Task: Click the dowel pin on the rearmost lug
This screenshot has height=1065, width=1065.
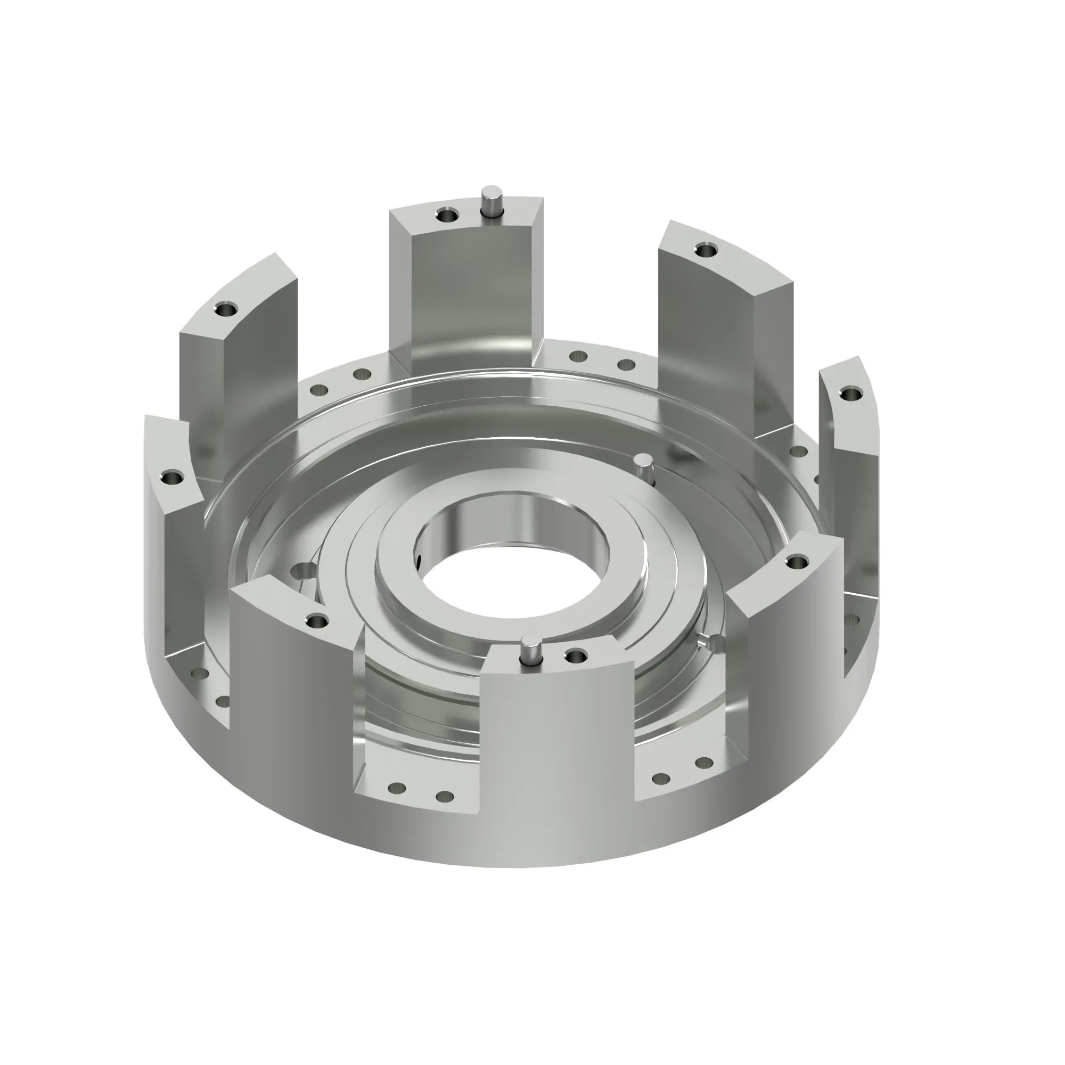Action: pos(488,202)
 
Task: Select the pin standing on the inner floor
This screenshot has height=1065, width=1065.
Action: pos(642,466)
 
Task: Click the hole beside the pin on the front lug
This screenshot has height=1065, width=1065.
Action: pos(576,656)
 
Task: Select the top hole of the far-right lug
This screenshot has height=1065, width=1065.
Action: pos(851,394)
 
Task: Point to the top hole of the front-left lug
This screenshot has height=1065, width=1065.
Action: pos(317,622)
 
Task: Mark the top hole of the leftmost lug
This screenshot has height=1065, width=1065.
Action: pos(173,476)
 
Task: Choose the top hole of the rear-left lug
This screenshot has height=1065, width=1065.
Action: pos(224,310)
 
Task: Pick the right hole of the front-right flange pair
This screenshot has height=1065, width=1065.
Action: pos(703,763)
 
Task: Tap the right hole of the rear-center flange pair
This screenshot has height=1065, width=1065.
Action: pos(626,364)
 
